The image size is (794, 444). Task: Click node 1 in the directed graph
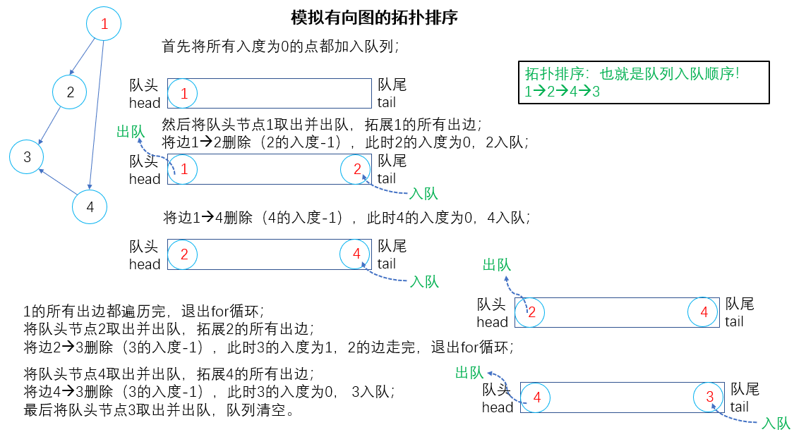[x=104, y=24]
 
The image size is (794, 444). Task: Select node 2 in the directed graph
[x=70, y=92]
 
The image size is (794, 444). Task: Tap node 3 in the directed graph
[x=27, y=156]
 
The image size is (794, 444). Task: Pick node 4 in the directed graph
[x=90, y=206]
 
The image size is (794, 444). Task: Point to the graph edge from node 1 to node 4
[x=96, y=116]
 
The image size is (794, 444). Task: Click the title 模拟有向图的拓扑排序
[x=374, y=18]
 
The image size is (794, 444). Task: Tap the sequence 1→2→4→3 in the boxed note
[x=562, y=92]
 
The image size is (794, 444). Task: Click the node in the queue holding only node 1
[x=184, y=93]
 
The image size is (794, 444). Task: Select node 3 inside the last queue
[x=709, y=397]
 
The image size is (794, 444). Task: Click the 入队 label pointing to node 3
[x=776, y=424]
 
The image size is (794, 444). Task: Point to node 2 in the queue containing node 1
[x=357, y=169]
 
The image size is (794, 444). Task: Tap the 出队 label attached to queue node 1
[x=131, y=132]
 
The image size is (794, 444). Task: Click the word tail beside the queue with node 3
[x=740, y=407]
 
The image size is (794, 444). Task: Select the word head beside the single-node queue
[x=145, y=103]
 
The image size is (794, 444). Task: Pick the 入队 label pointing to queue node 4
[x=425, y=282]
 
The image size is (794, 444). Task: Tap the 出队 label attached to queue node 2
[x=496, y=265]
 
